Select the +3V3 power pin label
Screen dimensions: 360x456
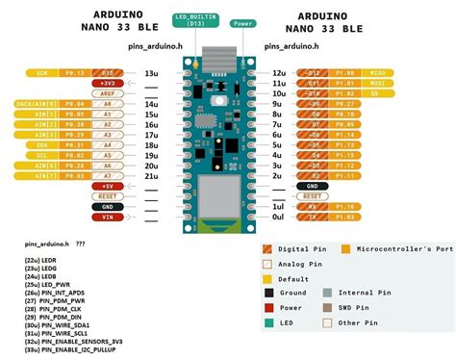tap(109, 83)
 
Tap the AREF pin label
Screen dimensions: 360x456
tap(109, 93)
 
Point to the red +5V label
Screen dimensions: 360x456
tap(108, 187)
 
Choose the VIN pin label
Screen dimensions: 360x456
tap(108, 218)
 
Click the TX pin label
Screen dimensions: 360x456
tap(312, 218)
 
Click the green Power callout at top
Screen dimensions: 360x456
tap(244, 22)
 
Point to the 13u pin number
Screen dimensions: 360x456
tap(151, 73)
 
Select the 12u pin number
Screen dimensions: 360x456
tap(277, 73)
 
